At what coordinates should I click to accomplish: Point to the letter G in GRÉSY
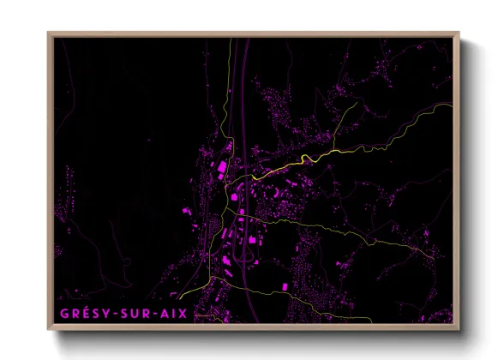point(65,314)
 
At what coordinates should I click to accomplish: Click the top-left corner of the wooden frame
point(49,33)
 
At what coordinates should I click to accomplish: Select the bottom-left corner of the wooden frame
point(49,331)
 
